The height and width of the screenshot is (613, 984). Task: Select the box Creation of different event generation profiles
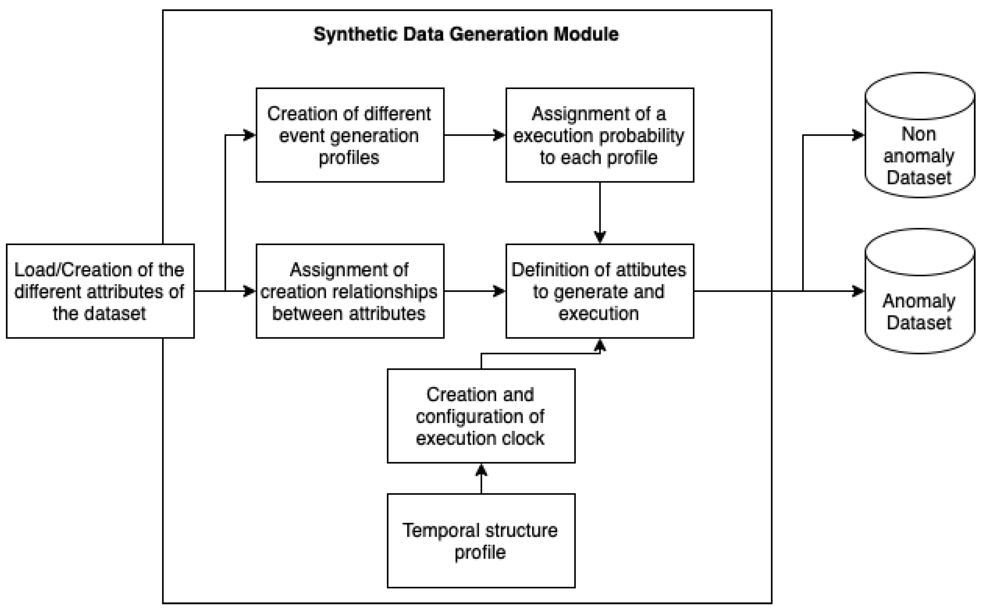pos(350,135)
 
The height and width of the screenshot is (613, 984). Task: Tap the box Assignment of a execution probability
pos(599,135)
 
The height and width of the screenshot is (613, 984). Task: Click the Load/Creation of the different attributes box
pos(100,291)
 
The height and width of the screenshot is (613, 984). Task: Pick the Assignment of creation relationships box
pos(350,291)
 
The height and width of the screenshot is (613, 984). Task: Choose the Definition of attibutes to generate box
pos(599,291)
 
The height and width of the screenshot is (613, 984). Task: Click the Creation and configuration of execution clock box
pos(481,416)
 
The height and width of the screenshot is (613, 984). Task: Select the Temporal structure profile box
pos(481,541)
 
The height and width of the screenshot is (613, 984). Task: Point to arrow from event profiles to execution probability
pos(475,135)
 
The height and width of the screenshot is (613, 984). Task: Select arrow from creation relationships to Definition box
pos(475,291)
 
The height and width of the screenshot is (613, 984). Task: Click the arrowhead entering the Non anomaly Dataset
pos(859,135)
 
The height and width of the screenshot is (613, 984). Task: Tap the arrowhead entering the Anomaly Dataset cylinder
pos(859,291)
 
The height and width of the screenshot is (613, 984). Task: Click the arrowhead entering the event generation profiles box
pos(249,135)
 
